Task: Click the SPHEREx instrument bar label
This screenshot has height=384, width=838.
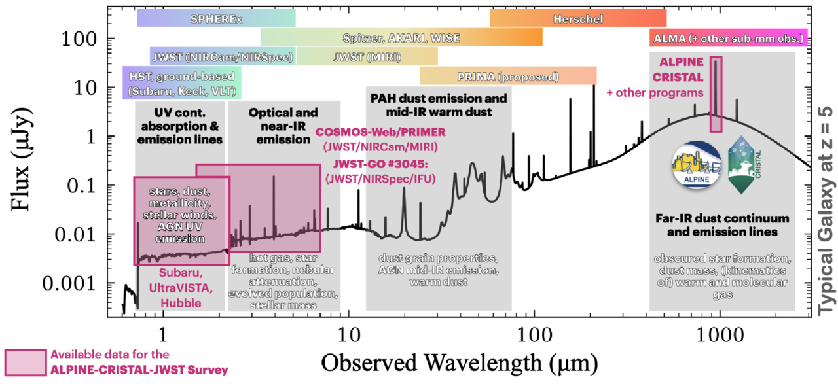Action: coord(216,19)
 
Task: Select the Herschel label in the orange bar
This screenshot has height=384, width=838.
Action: coord(577,19)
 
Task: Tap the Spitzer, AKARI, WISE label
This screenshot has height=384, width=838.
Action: coord(401,38)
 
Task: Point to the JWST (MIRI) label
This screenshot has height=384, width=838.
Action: coord(367,57)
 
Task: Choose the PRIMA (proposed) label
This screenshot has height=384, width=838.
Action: coord(508,77)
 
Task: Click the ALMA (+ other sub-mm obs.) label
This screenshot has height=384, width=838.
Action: coord(727,39)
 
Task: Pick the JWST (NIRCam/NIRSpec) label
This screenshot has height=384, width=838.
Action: coord(222,57)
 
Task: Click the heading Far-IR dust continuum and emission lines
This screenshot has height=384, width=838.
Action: coord(721,224)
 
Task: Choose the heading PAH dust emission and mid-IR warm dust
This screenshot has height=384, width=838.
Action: coord(438,105)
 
